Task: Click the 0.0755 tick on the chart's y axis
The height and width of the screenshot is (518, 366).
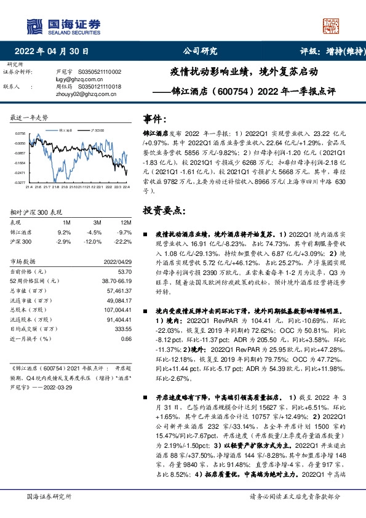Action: tap(20, 133)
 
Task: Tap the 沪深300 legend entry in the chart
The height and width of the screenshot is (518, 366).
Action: tap(97, 130)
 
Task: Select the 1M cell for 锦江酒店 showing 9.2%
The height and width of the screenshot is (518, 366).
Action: tap(64, 233)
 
